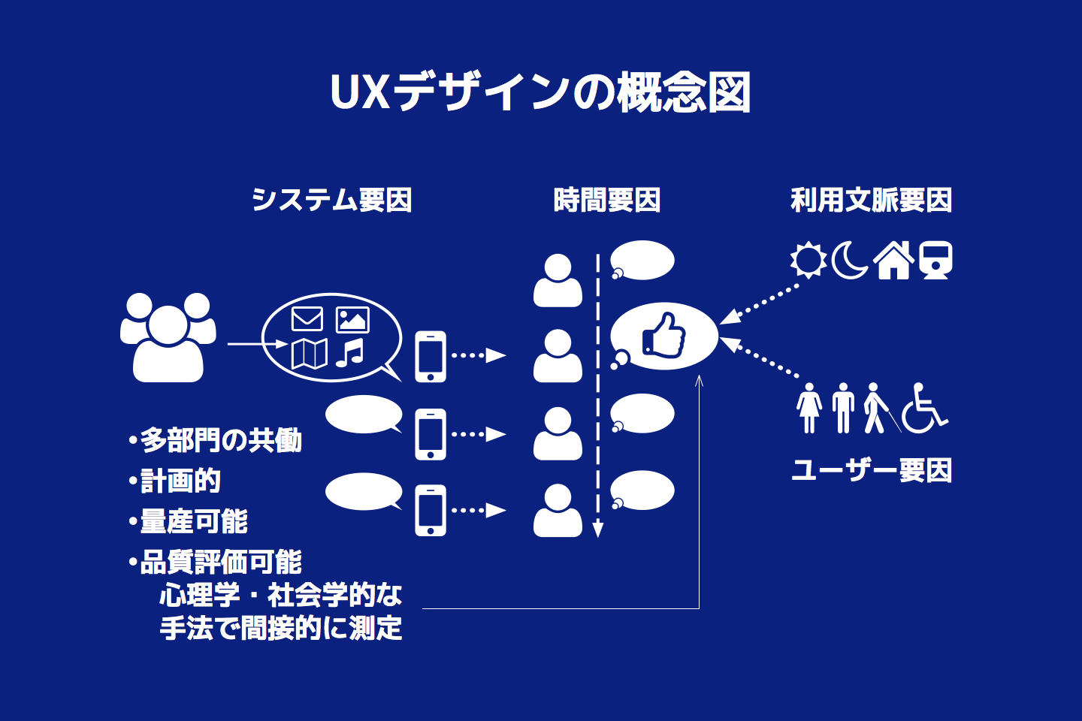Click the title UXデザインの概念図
point(540,93)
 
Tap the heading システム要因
point(331,200)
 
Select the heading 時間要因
point(606,200)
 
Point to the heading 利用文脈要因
point(871,200)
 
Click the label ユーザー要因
point(872,470)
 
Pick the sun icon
point(808,260)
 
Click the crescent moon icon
point(850,260)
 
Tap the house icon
point(893,261)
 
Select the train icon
point(936,260)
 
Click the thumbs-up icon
point(664,336)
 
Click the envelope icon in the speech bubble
point(307,319)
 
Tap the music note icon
point(350,353)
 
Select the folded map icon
point(309,354)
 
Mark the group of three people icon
point(168,337)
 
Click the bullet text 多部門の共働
point(221,440)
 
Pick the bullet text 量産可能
point(194,521)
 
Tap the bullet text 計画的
point(180,481)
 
